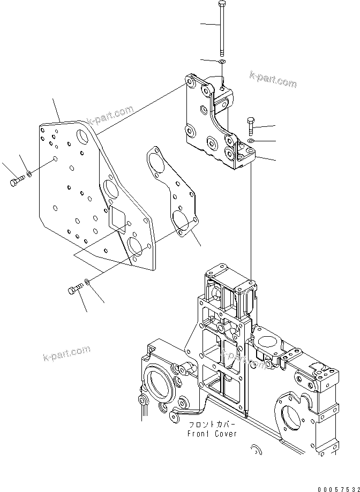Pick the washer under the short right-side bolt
coord(251,141)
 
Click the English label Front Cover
coord(212,434)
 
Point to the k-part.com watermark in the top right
coord(273,79)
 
